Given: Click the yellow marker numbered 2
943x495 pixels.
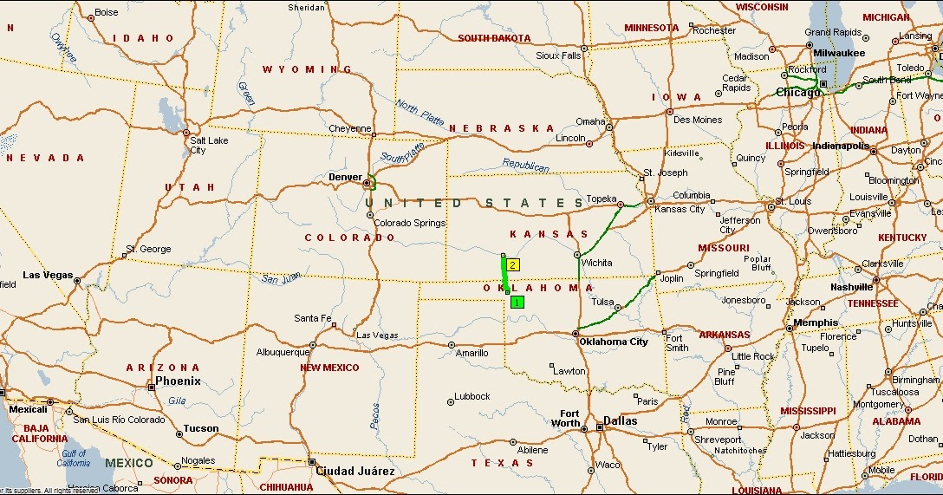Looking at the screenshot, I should click(x=513, y=264).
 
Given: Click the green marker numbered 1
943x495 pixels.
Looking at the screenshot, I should click(x=517, y=302).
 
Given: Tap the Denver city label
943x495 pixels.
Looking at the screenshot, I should click(x=345, y=177).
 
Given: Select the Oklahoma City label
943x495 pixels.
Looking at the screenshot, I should click(x=615, y=342).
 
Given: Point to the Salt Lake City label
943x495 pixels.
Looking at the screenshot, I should click(x=209, y=145).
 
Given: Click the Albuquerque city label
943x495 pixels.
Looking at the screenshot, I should click(x=283, y=352).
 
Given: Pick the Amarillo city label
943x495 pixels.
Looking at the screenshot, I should click(x=472, y=353).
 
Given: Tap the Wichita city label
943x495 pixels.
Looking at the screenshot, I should click(x=597, y=263).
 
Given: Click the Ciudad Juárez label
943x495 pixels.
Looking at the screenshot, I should click(x=355, y=472).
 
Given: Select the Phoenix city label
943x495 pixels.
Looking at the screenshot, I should click(x=178, y=381).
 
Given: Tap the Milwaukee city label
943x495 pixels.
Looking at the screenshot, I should click(x=838, y=53).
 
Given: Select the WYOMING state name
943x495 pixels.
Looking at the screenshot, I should click(x=307, y=69).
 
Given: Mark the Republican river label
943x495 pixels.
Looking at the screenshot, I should click(x=525, y=165).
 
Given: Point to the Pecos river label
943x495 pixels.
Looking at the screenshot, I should click(x=375, y=416).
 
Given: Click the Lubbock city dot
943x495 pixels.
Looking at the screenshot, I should click(x=451, y=401).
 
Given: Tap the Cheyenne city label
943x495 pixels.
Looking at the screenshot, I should click(x=350, y=129).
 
